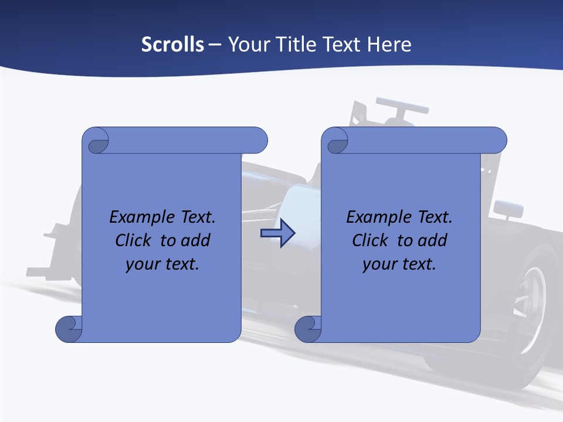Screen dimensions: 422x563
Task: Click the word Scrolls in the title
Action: pos(172,44)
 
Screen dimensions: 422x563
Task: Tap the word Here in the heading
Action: pos(389,44)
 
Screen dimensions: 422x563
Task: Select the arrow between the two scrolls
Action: pos(277,233)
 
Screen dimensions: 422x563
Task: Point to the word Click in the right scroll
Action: pos(371,240)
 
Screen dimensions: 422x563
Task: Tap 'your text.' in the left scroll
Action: pos(162,264)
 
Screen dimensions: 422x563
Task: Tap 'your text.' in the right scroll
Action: pos(399,264)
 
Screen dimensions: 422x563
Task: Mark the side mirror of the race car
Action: pos(508,209)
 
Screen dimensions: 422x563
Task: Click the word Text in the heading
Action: pos(343,44)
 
